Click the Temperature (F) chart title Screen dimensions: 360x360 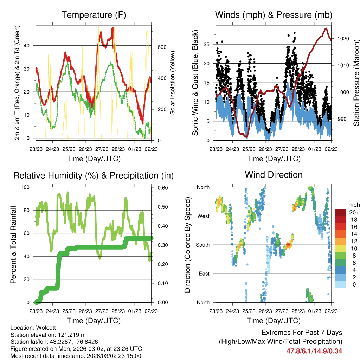(94, 15)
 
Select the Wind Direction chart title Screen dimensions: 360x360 (274, 175)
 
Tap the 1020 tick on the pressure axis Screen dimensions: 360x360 (343, 39)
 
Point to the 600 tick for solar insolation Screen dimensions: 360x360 (161, 47)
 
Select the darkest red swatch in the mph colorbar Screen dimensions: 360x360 (340, 212)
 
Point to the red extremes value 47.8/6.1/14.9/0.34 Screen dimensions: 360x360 (314, 351)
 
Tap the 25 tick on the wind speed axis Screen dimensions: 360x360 (207, 44)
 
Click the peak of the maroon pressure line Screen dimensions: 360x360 (326, 28)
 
